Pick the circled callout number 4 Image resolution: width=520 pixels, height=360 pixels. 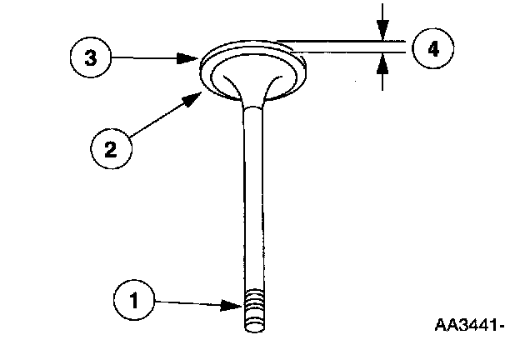click(432, 49)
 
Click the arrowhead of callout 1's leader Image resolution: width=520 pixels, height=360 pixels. click(240, 305)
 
